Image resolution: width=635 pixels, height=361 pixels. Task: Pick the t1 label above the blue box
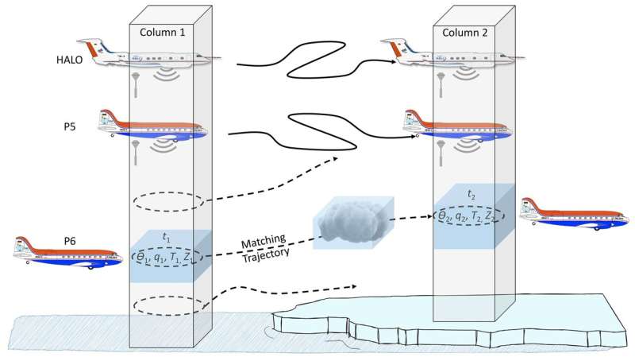pos(167,236)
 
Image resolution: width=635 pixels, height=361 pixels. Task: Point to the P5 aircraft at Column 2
pos(456,126)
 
